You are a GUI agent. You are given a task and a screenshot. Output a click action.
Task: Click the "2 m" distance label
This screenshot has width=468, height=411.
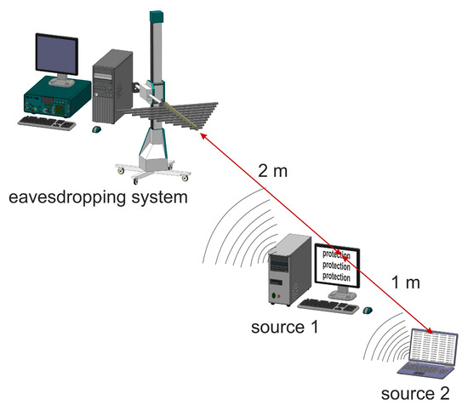[273, 170]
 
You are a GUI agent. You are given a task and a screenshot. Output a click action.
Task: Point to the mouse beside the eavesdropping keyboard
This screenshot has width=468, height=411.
[96, 129]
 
